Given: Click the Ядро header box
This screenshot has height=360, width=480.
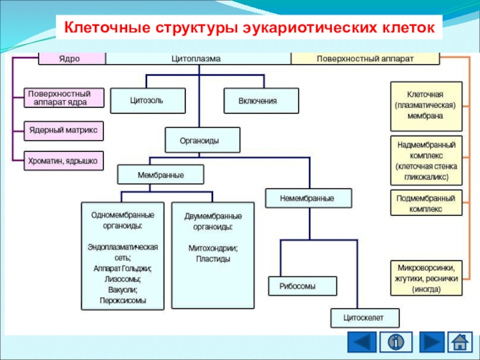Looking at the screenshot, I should coord(72,59).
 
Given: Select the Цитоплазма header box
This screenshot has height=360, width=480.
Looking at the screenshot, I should coord(199,59).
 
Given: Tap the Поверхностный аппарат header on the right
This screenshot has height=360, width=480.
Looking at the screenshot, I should coord(365,59).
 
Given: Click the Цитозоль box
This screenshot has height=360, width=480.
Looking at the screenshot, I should coord(148,101).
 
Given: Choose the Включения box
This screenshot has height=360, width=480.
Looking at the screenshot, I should coord(260,101).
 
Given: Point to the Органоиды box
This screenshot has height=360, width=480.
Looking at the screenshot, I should coord(202,140).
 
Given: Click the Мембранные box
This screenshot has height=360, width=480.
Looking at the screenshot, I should coord(161,175).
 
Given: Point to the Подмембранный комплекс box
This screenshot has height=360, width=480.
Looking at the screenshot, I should coord(427,203).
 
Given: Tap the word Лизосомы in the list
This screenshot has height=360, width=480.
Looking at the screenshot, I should coord(122,279).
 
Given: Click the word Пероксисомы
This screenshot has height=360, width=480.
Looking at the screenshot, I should coord(122,300).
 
